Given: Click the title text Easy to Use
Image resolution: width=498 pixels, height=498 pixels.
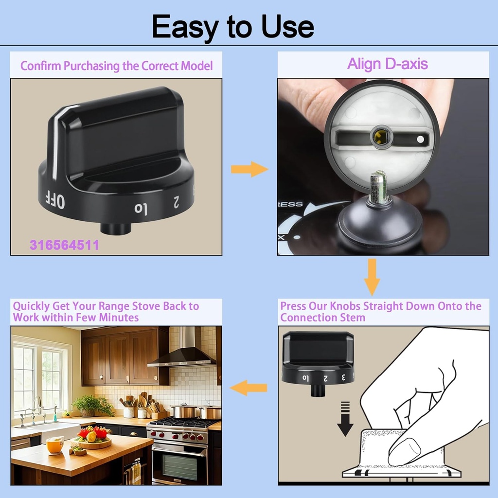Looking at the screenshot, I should click(x=232, y=27).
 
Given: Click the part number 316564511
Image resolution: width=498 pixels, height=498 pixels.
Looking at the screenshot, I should click(x=64, y=245).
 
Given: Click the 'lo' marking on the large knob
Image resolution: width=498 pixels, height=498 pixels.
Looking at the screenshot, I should click(x=141, y=209).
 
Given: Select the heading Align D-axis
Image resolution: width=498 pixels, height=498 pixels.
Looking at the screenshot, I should click(x=387, y=64).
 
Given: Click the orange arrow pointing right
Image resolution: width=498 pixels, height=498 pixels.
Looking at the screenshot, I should click(x=249, y=170).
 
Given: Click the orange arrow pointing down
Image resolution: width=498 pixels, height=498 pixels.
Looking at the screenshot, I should click(x=372, y=277).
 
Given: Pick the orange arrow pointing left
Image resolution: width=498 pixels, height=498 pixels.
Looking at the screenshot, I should click(x=249, y=388).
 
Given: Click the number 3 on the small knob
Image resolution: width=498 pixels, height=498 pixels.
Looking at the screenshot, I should click(x=343, y=377).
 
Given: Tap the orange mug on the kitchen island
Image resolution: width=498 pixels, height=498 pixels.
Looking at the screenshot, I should click(x=54, y=445).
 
